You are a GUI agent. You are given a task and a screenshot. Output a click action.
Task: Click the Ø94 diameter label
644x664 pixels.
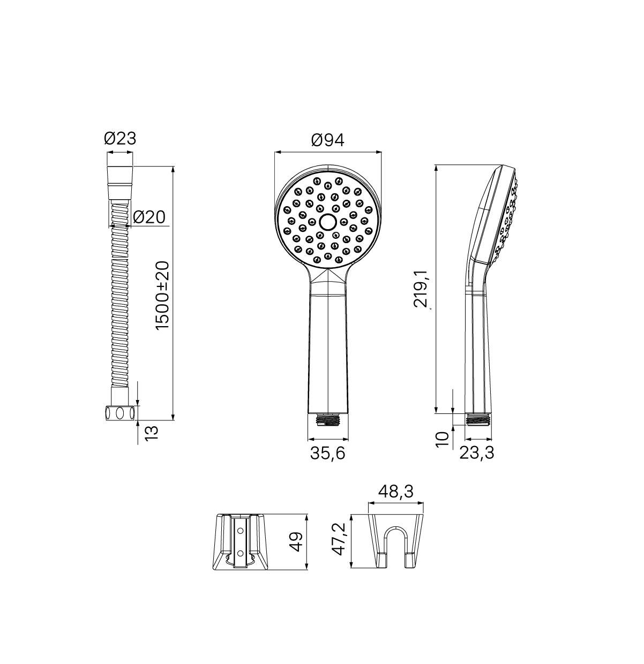[327, 140]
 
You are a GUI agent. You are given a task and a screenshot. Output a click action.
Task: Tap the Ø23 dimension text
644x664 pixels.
[120, 139]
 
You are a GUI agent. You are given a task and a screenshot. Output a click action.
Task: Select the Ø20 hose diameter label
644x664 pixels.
[149, 217]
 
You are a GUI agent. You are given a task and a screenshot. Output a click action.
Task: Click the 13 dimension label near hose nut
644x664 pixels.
[152, 433]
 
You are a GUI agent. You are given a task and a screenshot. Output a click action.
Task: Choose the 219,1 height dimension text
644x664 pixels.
[421, 290]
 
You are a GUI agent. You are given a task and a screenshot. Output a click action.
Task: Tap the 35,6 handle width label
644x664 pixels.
[328, 453]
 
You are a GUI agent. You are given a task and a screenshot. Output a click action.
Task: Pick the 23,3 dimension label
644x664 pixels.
[477, 453]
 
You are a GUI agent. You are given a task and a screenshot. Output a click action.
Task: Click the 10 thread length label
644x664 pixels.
[442, 439]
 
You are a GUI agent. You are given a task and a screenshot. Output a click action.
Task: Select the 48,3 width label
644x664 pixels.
[396, 492]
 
